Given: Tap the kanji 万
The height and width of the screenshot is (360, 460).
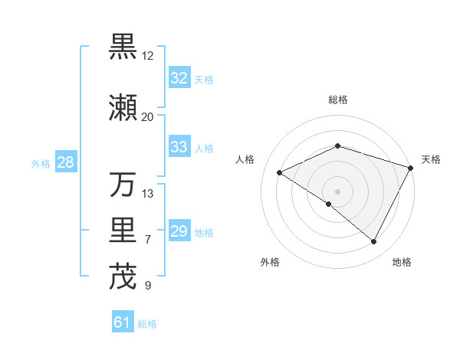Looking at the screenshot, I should coord(123,185).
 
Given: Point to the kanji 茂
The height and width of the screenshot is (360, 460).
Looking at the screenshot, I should coord(123,277).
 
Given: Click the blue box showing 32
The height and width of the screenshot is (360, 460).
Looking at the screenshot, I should coord(179,78).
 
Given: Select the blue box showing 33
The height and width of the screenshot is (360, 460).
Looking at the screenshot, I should coord(179,147).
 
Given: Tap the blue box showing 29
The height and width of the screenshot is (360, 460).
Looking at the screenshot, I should coord(179,231).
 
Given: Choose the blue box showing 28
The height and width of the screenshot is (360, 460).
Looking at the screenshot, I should coord(65,162).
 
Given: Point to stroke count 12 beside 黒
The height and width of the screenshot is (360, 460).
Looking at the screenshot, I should coord(148,56).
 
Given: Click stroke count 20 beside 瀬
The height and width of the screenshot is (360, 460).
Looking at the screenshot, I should coord(148,117).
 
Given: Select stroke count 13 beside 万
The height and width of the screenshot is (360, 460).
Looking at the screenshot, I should coord(148,194).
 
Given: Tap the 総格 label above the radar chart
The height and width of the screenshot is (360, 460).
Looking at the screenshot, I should coord(337,100).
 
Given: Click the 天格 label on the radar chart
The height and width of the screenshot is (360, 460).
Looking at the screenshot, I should coord(431,159).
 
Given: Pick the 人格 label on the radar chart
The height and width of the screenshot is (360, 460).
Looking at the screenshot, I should coord(245,159).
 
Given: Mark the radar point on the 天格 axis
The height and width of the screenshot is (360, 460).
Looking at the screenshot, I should coord(412,168).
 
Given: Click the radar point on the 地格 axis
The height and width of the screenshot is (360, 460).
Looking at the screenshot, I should coord(374,242).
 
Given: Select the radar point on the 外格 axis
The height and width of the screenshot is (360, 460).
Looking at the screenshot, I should coord(329,204).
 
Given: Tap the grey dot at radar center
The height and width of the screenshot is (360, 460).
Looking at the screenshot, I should coord(337,191).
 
